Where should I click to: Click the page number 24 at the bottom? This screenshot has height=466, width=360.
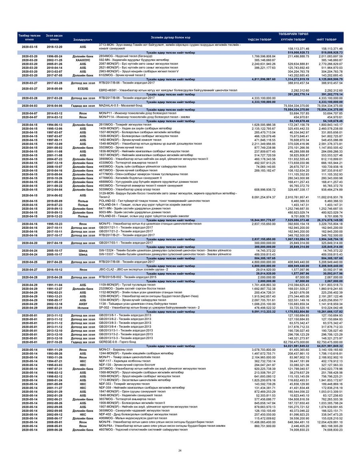(x=180, y=451)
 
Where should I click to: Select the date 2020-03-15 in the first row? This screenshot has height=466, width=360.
(x=30, y=47)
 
